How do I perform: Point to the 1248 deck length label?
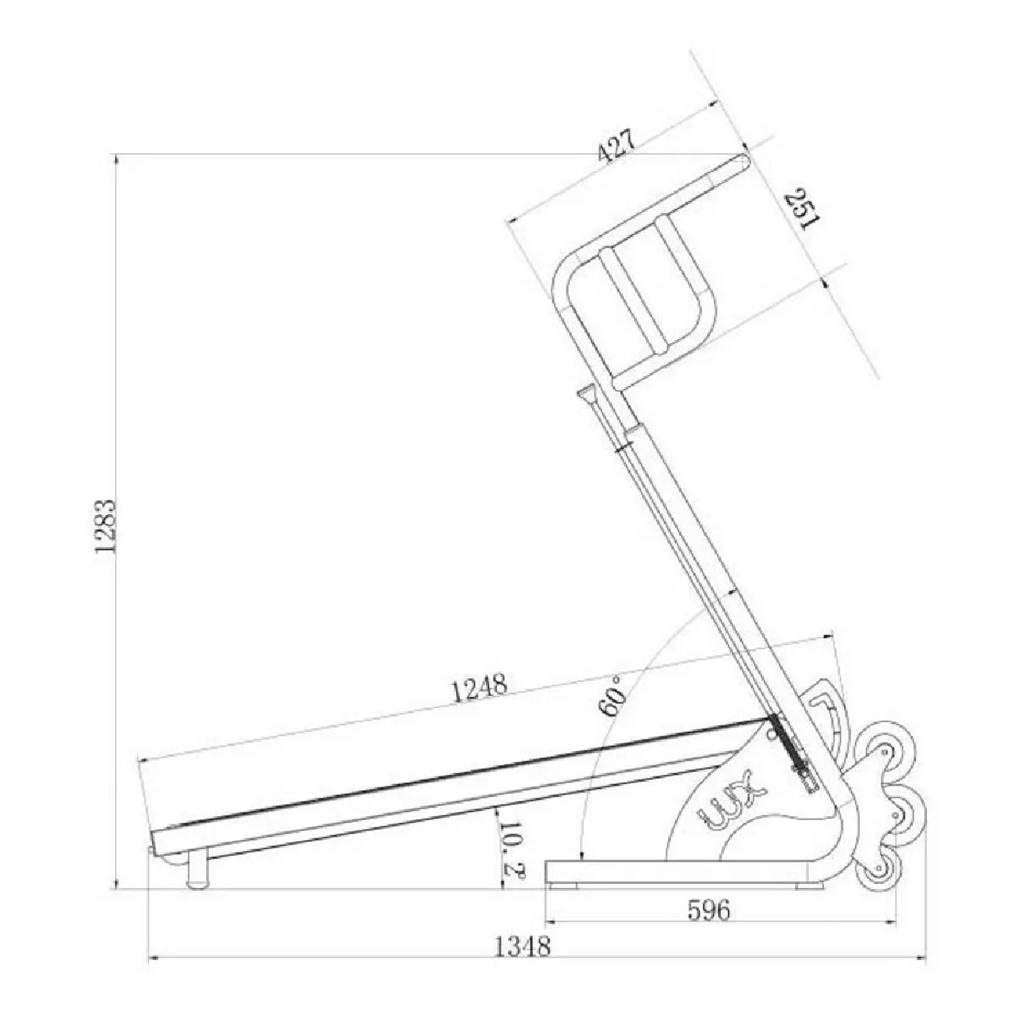click(480, 686)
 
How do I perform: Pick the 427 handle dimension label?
click(616, 145)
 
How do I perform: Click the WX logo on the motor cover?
click(730, 799)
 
